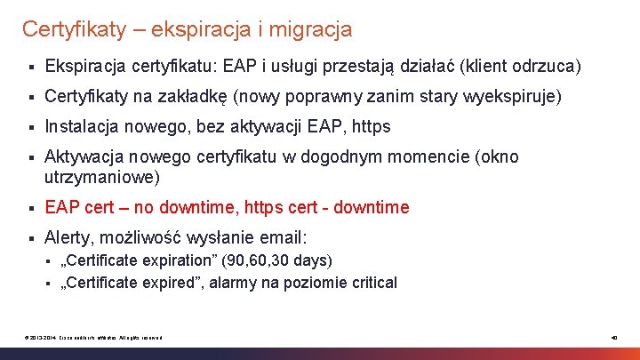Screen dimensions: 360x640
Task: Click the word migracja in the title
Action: point(311,29)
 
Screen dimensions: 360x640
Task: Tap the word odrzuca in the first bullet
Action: point(548,67)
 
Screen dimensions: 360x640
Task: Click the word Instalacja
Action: point(80,126)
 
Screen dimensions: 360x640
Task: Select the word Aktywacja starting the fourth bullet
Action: point(82,156)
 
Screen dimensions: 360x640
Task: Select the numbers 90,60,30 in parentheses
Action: point(258,260)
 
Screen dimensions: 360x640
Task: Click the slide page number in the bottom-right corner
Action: point(613,337)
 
